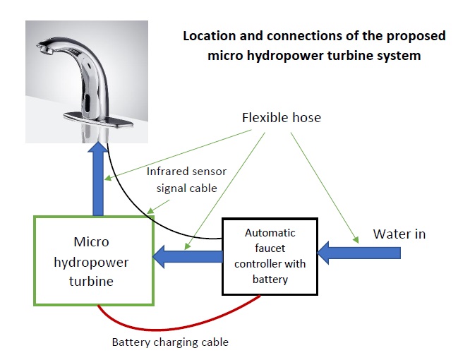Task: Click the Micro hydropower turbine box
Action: click(93, 260)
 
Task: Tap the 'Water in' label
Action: click(399, 234)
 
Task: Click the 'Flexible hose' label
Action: click(281, 117)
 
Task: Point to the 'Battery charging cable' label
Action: click(170, 342)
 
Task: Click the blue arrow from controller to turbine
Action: click(188, 256)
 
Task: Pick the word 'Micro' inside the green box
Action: click(92, 242)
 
